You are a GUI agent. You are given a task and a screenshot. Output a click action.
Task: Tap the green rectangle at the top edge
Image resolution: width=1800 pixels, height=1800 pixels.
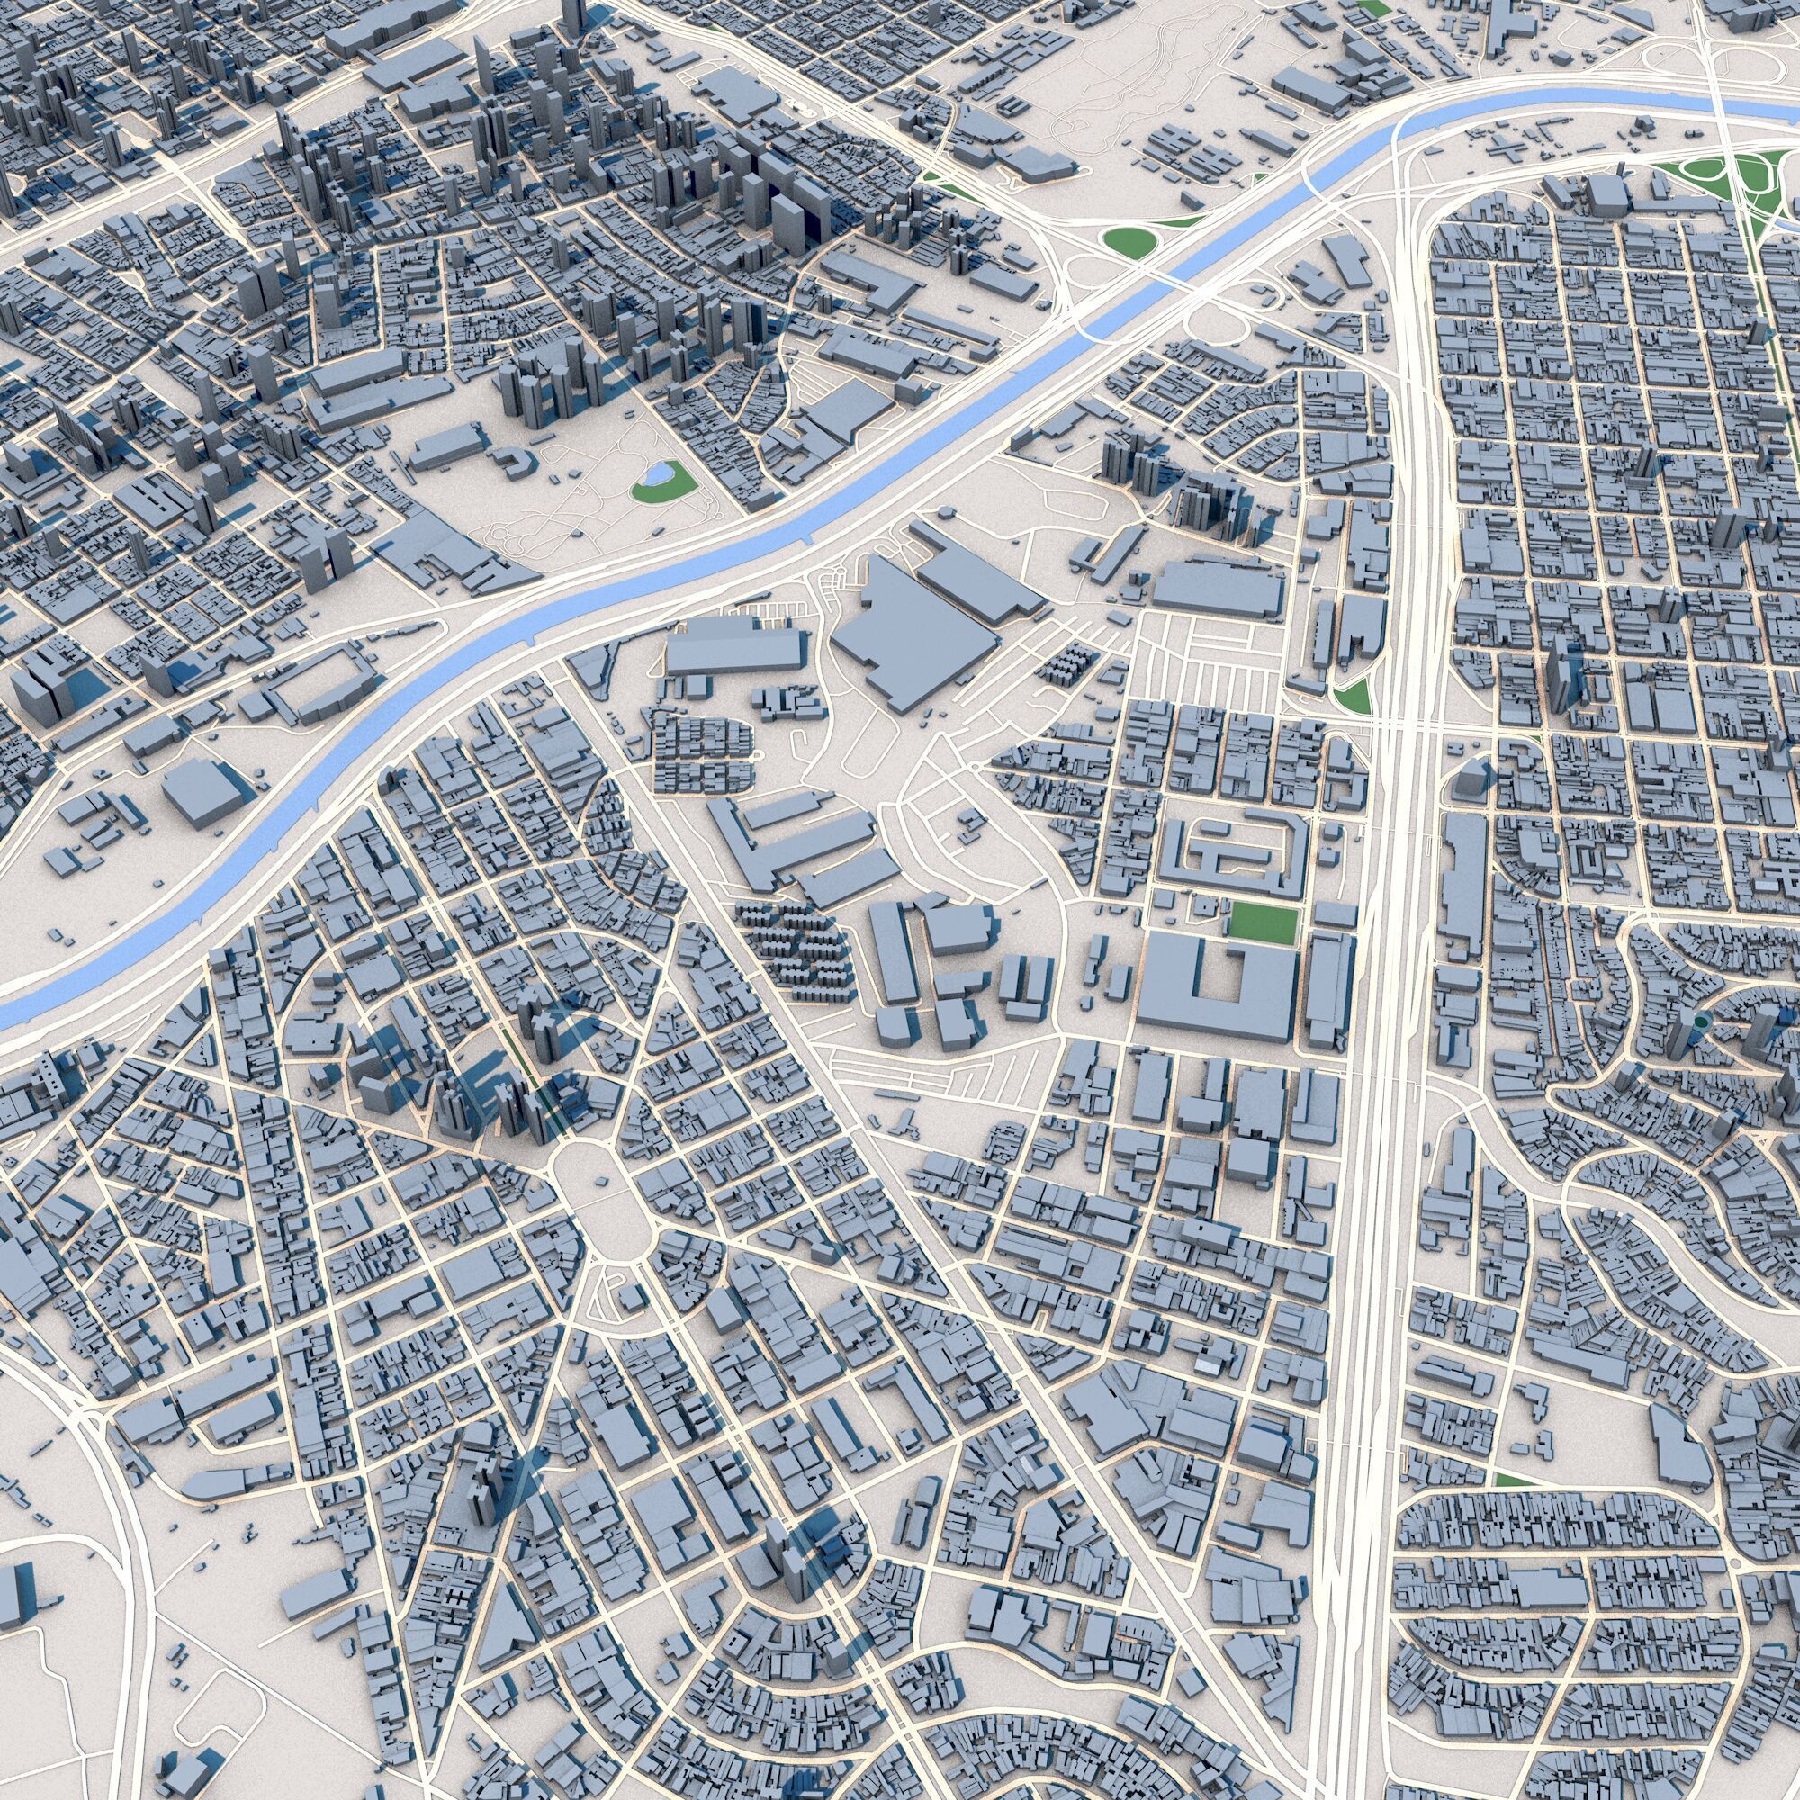coord(1371,7)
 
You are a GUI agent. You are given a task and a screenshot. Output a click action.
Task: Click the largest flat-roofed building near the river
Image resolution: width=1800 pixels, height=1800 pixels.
coord(913,635)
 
